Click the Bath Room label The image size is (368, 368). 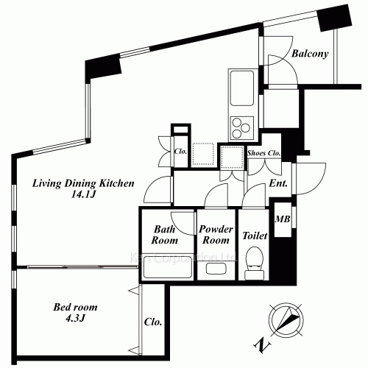pyautogui.click(x=166, y=234)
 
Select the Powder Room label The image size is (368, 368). pyautogui.click(x=216, y=234)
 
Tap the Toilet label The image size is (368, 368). pyautogui.click(x=254, y=236)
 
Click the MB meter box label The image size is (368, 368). pyautogui.click(x=282, y=219)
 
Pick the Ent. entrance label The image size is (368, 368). pyautogui.click(x=279, y=184)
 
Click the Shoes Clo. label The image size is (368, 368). pyautogui.click(x=264, y=152)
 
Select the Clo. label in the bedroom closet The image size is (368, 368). pyautogui.click(x=154, y=322)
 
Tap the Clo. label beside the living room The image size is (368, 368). pyautogui.click(x=180, y=152)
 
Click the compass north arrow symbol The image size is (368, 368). pyautogui.click(x=284, y=320)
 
